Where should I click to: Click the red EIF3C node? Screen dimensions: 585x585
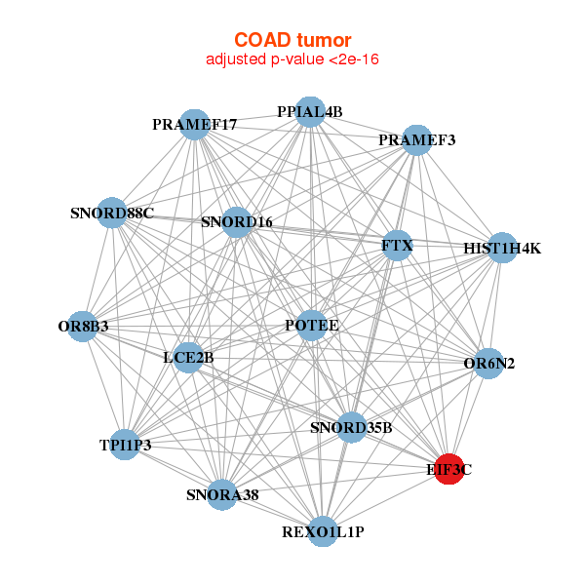click(449, 469)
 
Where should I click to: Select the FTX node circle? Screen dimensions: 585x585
click(398, 246)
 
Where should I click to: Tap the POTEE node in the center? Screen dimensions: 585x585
click(312, 326)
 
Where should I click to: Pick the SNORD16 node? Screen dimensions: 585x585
click(237, 222)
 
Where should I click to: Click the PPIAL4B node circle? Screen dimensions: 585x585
click(310, 112)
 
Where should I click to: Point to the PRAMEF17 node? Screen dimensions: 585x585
click(194, 125)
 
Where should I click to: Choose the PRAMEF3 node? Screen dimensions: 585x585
click(417, 140)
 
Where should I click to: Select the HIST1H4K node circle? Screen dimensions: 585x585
click(502, 248)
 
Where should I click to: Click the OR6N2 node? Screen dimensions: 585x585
click(488, 364)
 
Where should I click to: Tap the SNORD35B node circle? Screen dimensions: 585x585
click(351, 428)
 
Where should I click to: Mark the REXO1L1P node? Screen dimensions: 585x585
click(323, 531)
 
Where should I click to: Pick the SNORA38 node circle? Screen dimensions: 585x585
click(222, 494)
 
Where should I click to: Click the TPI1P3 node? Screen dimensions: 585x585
click(125, 445)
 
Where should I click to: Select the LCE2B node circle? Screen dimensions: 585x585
click(189, 358)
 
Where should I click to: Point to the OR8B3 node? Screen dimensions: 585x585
click(83, 327)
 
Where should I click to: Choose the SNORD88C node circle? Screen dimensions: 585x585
click(112, 213)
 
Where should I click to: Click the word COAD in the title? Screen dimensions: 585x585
click(262, 40)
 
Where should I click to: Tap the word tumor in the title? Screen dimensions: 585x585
click(325, 40)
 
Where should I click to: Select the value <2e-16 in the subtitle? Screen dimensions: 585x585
click(354, 59)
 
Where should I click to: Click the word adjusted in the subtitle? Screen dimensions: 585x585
click(237, 60)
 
